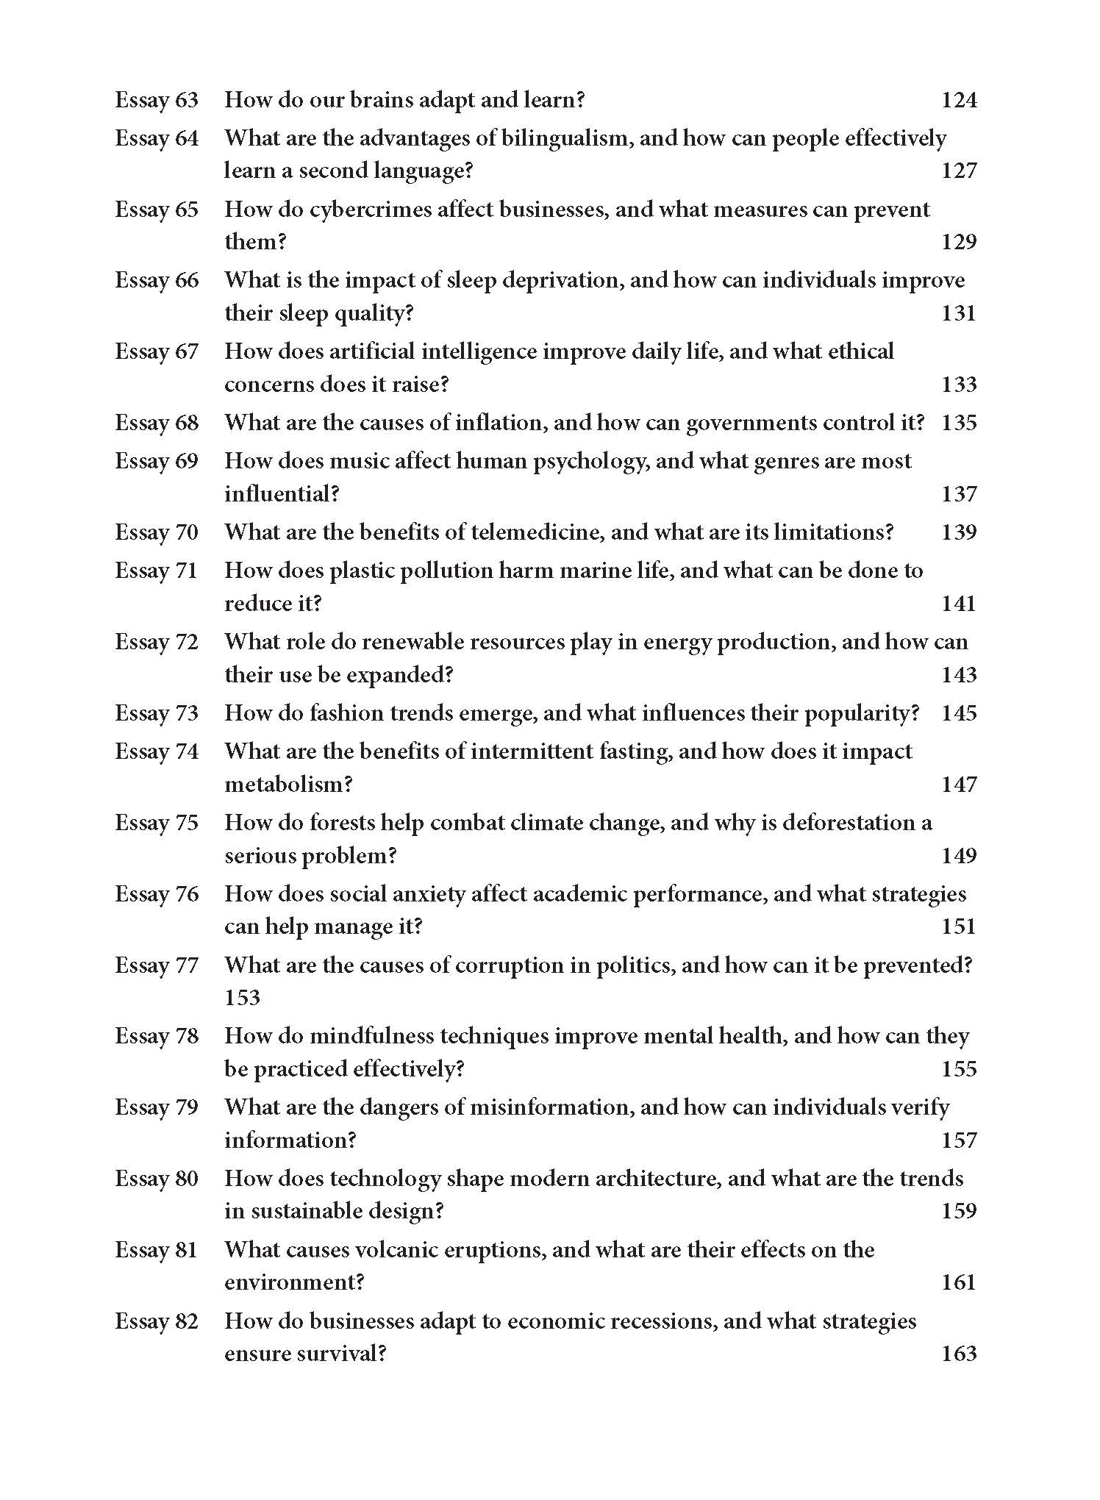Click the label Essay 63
click(157, 100)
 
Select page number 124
click(959, 100)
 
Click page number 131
click(959, 314)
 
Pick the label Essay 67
click(157, 351)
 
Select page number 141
click(959, 604)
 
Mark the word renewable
click(413, 642)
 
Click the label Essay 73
click(157, 713)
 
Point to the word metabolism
click(288, 785)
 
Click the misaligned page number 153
click(243, 998)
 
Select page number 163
click(959, 1354)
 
